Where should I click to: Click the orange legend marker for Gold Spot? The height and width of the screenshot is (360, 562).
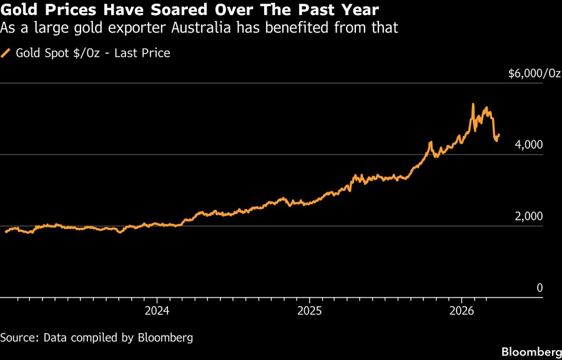6,53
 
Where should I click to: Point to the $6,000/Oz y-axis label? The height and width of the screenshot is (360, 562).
535,74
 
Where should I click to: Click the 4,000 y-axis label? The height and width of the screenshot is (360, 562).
529,145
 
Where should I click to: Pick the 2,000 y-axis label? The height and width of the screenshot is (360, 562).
529,217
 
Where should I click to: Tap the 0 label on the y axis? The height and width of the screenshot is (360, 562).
540,288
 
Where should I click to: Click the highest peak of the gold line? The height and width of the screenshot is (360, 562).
473,104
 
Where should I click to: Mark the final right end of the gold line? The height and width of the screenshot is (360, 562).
498,134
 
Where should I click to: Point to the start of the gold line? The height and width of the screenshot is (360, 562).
6,231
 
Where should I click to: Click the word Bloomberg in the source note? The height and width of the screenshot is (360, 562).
165,338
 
